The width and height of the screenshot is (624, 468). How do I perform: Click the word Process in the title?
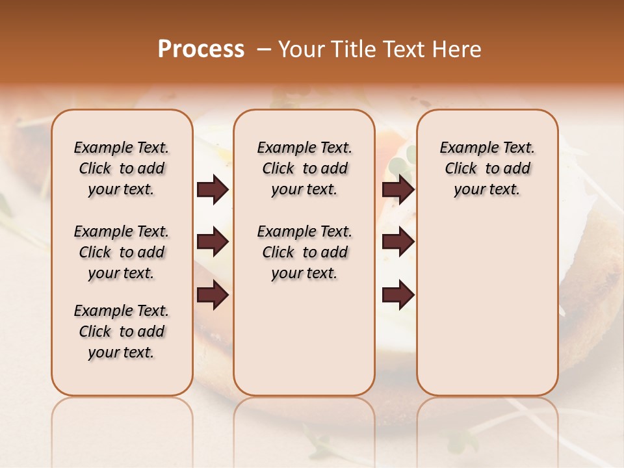click(x=201, y=49)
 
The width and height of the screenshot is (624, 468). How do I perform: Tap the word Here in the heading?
click(x=458, y=49)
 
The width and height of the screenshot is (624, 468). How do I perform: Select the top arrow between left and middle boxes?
click(x=213, y=190)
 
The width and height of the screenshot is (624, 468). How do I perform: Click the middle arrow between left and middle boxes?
click(x=213, y=242)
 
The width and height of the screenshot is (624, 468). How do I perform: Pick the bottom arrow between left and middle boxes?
click(x=213, y=295)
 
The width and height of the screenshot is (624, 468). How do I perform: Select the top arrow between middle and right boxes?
click(x=398, y=190)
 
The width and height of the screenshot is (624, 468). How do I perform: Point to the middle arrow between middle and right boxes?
click(x=398, y=242)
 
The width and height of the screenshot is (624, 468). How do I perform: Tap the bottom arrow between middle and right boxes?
click(x=398, y=295)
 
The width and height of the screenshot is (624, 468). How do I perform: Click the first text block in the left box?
click(x=122, y=168)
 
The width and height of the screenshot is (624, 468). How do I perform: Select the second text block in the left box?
click(x=122, y=252)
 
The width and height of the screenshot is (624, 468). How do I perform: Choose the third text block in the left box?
click(x=122, y=331)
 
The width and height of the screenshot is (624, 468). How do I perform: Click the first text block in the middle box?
click(x=304, y=168)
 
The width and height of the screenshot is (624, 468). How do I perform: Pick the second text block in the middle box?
click(x=304, y=252)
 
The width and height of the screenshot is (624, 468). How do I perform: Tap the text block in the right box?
click(x=487, y=168)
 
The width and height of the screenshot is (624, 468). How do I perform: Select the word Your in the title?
click(x=302, y=49)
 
